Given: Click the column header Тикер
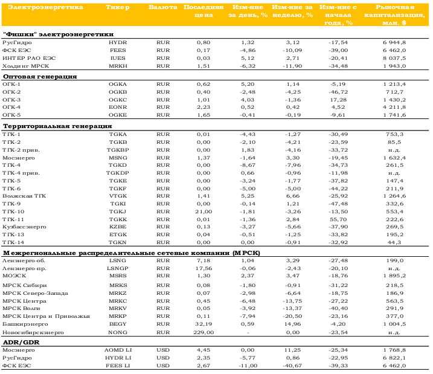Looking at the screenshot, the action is point(118,7).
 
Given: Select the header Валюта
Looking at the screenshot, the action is point(163,7).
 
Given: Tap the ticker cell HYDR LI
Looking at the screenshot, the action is point(118,358).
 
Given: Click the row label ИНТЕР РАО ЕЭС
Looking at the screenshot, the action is point(29,58).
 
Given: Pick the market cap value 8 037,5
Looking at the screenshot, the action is point(394,58).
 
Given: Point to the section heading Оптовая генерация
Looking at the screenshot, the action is point(40,77).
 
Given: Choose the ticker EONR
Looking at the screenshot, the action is point(118,107).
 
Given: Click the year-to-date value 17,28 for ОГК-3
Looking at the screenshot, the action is point(338,100).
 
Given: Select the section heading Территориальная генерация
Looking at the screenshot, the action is point(57,126).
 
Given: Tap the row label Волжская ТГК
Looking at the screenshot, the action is point(24,196).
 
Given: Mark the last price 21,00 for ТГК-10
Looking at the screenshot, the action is point(204,211).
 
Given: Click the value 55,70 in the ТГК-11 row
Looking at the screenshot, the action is point(338,219).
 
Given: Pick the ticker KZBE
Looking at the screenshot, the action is point(118,227).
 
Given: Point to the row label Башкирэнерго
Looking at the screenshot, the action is point(25,324).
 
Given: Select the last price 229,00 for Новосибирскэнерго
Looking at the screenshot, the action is point(204,332).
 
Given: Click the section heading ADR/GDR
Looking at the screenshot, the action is point(21,342).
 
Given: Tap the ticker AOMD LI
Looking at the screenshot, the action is point(118,350).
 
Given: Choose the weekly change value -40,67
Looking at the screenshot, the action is point(292,366).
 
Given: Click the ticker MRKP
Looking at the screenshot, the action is point(118,316).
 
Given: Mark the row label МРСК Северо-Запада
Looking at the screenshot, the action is point(35,293).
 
